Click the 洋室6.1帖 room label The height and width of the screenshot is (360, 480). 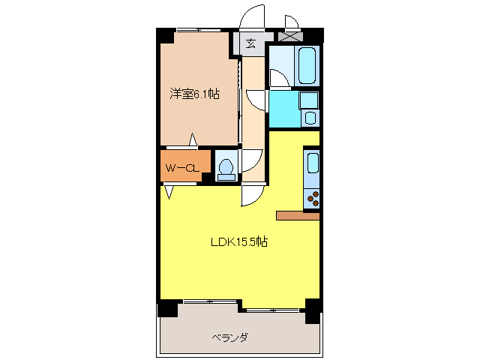click(x=194, y=94)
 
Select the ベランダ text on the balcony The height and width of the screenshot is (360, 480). click(x=229, y=337)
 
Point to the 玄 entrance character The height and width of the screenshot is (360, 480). click(x=250, y=43)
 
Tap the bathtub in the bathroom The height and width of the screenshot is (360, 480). click(x=307, y=66)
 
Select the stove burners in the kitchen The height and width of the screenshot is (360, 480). click(x=313, y=199)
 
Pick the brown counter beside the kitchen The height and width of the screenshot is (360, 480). click(x=298, y=216)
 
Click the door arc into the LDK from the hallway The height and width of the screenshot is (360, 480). click(x=251, y=195)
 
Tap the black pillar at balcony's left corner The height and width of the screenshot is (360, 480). click(x=167, y=307)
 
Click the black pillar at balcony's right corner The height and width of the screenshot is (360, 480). click(x=313, y=307)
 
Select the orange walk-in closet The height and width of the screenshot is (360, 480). click(x=180, y=166)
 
